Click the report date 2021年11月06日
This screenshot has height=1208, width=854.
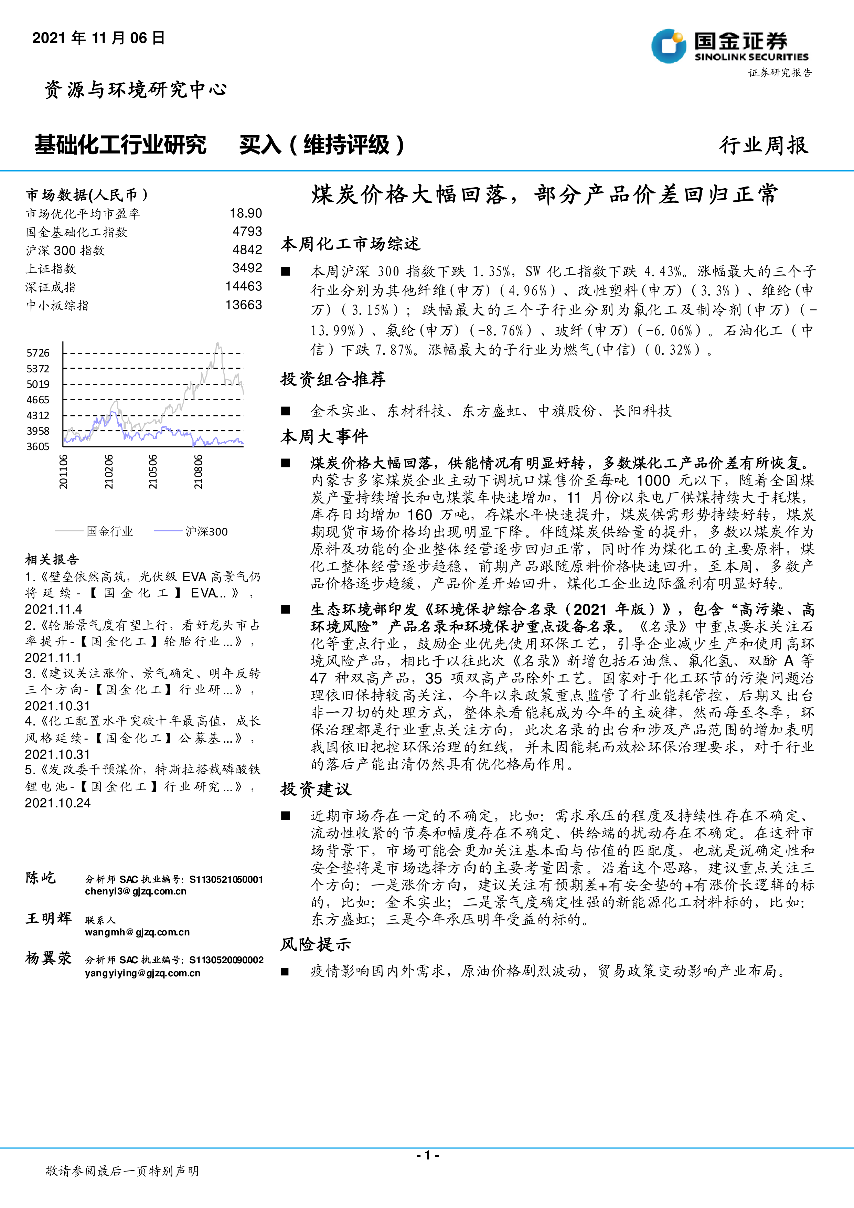click(x=98, y=38)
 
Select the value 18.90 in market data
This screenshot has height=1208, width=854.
click(x=246, y=213)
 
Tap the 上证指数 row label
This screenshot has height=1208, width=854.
click(x=51, y=269)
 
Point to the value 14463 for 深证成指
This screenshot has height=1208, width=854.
click(x=244, y=286)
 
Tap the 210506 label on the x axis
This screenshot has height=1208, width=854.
click(x=152, y=472)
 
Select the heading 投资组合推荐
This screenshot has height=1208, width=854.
click(x=333, y=379)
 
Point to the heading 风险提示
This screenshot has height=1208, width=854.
click(x=316, y=944)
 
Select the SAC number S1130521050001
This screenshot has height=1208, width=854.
click(x=226, y=879)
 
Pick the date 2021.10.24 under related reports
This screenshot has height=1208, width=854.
click(x=57, y=803)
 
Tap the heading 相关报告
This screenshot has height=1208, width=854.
click(x=52, y=559)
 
